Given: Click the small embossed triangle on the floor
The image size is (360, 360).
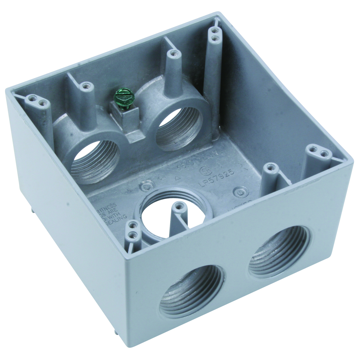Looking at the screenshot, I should [176, 178].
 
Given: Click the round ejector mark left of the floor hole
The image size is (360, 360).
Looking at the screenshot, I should [146, 187].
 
